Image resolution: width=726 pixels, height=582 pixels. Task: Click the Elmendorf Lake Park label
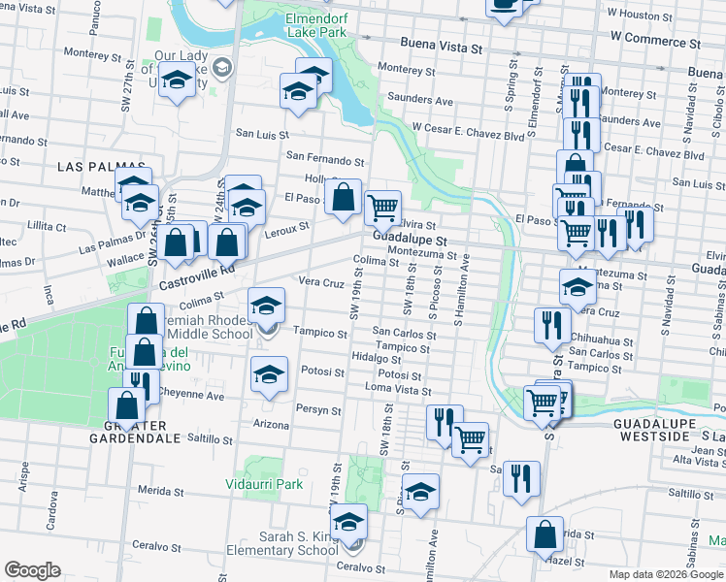pos(315,25)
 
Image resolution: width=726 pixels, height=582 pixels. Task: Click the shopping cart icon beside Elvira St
pos(382,206)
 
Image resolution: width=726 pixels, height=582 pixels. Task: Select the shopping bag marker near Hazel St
pos(545,533)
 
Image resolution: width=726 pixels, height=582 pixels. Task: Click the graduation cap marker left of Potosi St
pos(269,373)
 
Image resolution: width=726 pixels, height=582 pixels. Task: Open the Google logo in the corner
pos(32,571)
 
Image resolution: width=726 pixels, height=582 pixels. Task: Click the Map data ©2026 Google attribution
pos(665,574)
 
